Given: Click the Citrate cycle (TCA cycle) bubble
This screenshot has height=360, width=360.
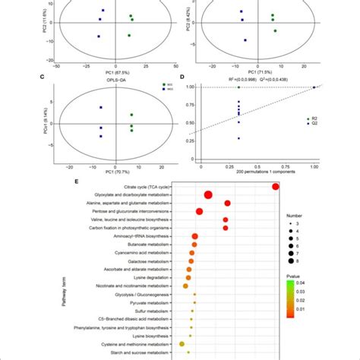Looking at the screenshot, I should [x=275, y=187].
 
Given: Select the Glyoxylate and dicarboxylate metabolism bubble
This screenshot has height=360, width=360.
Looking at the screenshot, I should [x=209, y=196].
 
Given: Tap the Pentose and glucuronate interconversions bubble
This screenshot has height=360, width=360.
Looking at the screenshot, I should [x=200, y=212].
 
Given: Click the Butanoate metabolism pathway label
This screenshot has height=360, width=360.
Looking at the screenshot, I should [x=152, y=245].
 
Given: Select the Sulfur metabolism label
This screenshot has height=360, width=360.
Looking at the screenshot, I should [x=156, y=311].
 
